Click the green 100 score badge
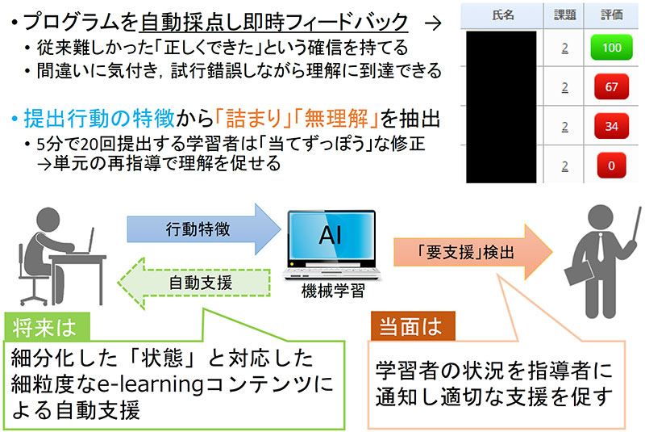[611, 48]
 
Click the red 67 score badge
[611, 87]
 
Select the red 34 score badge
[611, 126]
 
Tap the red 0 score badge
[611, 166]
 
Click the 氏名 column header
[502, 15]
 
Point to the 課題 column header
[565, 15]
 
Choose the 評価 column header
[611, 15]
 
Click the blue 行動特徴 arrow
[204, 229]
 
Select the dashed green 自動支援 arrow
[194, 283]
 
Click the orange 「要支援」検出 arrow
[473, 252]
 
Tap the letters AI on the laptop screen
[331, 235]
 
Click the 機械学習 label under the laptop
[333, 291]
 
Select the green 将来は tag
[47, 327]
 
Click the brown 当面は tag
[413, 326]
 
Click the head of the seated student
[48, 220]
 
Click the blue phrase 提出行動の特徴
[98, 119]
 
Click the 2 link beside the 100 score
[565, 48]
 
